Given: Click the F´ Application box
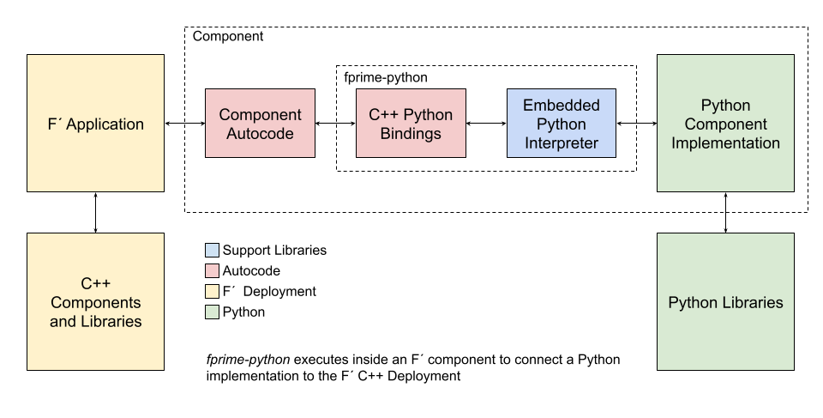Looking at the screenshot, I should coord(95,123).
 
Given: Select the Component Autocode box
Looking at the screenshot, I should coord(260,123).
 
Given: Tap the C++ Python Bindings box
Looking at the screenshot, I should coord(411,123).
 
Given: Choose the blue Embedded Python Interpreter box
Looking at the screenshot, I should coord(561,123).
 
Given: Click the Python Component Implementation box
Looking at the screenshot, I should coord(725,123).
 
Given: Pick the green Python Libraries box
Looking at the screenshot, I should coord(725,302).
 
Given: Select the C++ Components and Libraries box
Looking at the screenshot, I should coord(95,302).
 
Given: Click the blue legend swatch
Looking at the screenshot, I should coord(212,251).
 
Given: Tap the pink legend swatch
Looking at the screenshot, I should coord(212,271).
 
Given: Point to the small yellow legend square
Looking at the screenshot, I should coord(212,292).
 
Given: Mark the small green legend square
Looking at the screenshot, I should coord(212,312).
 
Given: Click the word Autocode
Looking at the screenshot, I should coord(260,134).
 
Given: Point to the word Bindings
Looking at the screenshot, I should coord(411,134).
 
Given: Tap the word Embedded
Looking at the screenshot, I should coord(561,106).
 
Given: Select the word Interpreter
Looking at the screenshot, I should coord(561,143).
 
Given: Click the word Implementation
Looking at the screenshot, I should coord(725,143).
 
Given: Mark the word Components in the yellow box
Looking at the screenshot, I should coord(95,303).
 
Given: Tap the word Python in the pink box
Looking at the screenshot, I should coord(430,115).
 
